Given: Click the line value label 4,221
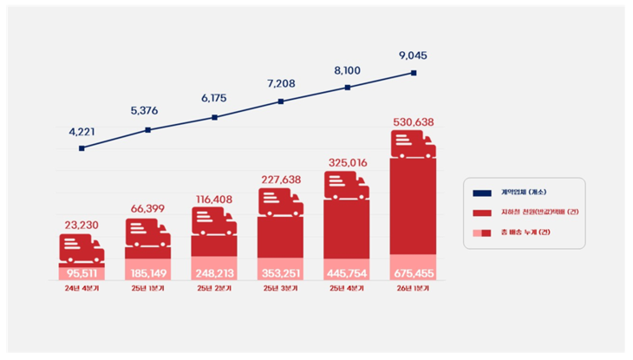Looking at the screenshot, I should [82, 133].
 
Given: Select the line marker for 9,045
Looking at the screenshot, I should [414, 73].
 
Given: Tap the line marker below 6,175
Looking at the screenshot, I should [214, 117].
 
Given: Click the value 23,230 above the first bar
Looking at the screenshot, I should [82, 225].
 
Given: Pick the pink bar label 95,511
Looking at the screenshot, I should [82, 273].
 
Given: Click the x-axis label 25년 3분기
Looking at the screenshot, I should [280, 289].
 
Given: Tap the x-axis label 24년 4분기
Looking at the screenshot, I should [82, 289].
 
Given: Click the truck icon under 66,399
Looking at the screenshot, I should [147, 232].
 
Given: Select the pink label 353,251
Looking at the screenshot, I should [280, 273].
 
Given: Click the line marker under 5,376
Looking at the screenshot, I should [147, 130].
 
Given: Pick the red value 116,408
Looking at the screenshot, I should [214, 199].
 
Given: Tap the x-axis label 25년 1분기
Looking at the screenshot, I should [147, 289].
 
